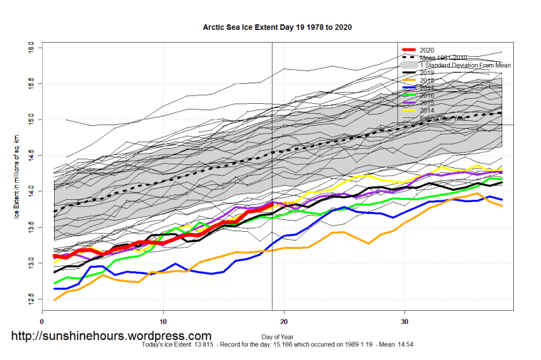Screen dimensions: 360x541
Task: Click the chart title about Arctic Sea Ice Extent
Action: [277, 27]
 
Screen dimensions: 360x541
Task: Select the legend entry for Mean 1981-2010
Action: [442, 58]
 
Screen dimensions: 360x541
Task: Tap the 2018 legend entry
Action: [427, 80]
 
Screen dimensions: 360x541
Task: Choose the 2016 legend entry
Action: [427, 95]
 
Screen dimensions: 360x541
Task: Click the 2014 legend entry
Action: [427, 111]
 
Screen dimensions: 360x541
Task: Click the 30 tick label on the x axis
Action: [405, 320]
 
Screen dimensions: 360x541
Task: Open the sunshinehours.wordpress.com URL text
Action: [110, 336]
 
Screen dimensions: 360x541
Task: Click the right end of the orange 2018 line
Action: [502, 206]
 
